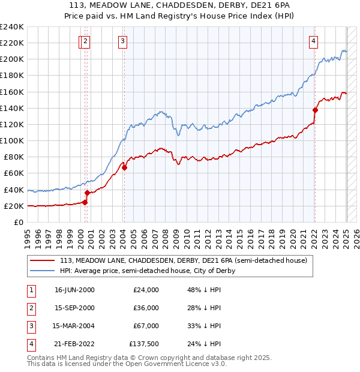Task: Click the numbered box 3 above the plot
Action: [122, 41]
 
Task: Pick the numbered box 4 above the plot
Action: [313, 41]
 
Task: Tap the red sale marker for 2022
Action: [315, 110]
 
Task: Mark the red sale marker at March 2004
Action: [124, 167]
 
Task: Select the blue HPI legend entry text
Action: [147, 271]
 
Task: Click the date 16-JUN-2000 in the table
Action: [74, 290]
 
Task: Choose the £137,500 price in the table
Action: [143, 344]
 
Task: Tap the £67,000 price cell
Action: [146, 326]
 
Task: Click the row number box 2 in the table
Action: [31, 308]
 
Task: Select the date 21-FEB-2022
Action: [74, 344]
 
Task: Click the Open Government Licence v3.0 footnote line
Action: [127, 364]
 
